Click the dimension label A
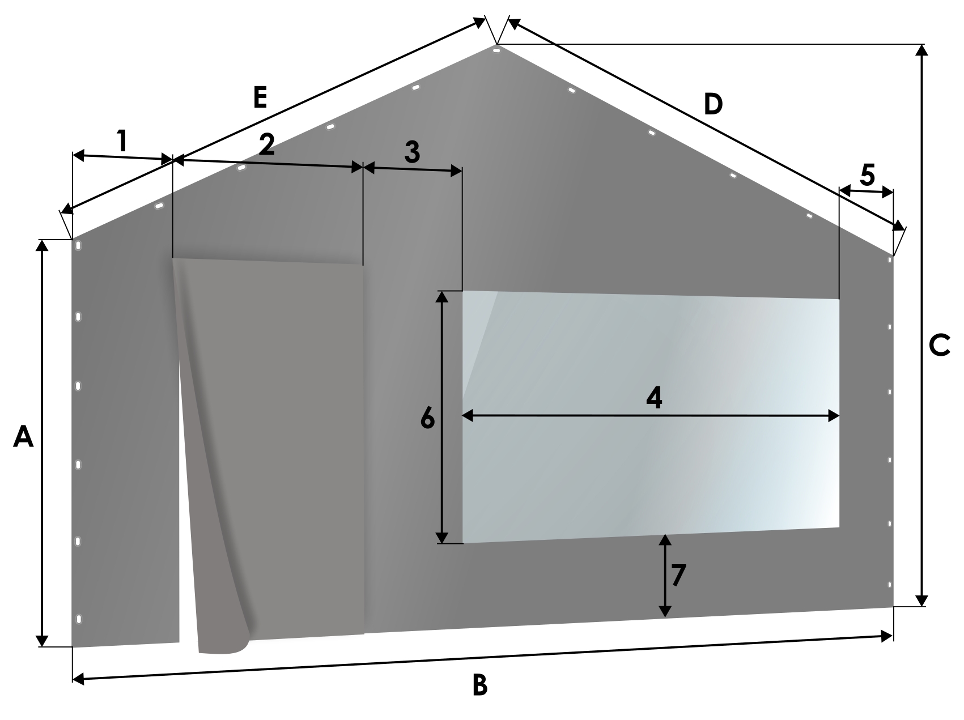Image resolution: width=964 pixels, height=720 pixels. click(x=23, y=437)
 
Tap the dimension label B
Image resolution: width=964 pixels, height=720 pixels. click(x=479, y=685)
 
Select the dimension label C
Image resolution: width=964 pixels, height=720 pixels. click(x=940, y=346)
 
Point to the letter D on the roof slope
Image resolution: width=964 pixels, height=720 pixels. click(x=714, y=104)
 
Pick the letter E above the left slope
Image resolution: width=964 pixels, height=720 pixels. click(x=260, y=97)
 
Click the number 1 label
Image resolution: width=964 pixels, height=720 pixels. click(x=122, y=140)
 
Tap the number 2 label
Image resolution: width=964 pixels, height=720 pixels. click(x=266, y=144)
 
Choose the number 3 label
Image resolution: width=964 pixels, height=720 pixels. click(x=412, y=152)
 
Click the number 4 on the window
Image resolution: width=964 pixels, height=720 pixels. click(x=654, y=398)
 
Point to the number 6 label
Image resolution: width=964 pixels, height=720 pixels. click(x=427, y=419)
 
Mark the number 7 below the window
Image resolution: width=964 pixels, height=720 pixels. click(x=678, y=576)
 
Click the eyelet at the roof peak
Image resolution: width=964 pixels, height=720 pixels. click(x=496, y=50)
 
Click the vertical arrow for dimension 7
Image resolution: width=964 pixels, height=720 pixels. click(x=665, y=575)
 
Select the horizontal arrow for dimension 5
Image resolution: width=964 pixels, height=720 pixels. click(x=866, y=191)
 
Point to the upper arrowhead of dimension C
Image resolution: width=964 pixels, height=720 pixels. click(x=922, y=51)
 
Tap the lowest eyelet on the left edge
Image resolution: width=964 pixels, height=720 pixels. click(x=78, y=619)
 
